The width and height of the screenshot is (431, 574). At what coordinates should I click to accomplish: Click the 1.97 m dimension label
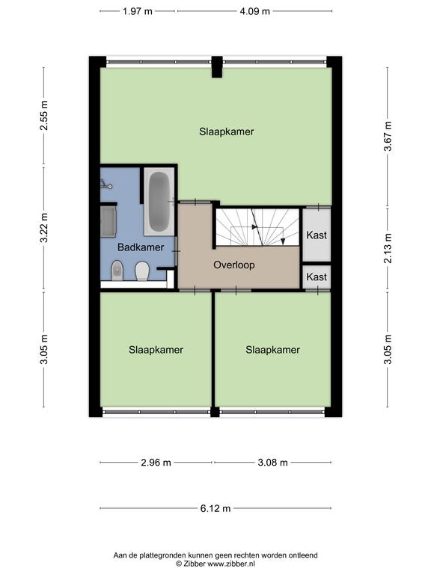point(138,11)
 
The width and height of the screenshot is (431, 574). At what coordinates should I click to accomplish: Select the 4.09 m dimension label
point(254,11)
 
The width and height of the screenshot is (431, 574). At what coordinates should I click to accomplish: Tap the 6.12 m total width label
point(215,508)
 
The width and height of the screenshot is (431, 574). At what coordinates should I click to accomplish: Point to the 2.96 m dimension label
point(156,463)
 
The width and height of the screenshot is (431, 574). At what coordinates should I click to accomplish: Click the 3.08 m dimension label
point(272,463)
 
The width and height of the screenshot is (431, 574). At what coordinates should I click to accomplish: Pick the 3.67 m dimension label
point(388,136)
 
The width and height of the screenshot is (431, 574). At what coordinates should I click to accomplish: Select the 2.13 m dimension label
point(388,248)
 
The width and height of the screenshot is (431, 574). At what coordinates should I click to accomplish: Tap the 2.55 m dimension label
point(44,115)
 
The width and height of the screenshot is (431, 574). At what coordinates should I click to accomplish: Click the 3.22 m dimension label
point(44,228)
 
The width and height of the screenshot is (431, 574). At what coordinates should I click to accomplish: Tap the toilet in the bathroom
point(142,271)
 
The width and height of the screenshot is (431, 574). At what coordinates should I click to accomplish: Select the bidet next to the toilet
point(117,271)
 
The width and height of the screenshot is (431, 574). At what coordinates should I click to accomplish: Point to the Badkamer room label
point(141,247)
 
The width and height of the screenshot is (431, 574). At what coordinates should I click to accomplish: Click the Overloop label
point(234,265)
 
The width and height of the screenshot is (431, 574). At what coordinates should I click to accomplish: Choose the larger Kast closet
point(317,234)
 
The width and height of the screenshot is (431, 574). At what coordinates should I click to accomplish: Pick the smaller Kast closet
point(317,277)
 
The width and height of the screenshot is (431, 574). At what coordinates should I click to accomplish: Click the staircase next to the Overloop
point(257,227)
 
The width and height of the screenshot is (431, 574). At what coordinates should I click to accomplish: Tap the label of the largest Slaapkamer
point(227,132)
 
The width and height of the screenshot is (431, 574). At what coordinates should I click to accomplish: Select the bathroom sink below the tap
point(108,222)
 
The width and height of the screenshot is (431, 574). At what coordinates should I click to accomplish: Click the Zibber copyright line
point(215,564)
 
